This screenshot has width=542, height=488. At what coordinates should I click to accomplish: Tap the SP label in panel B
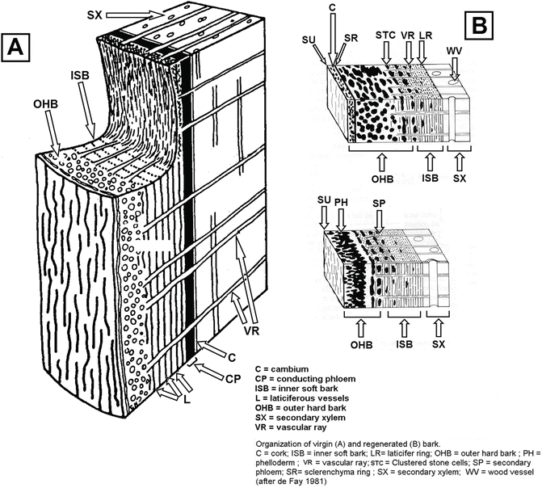pyautogui.click(x=379, y=203)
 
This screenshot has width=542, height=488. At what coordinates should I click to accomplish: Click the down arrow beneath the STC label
pyautogui.click(x=386, y=53)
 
